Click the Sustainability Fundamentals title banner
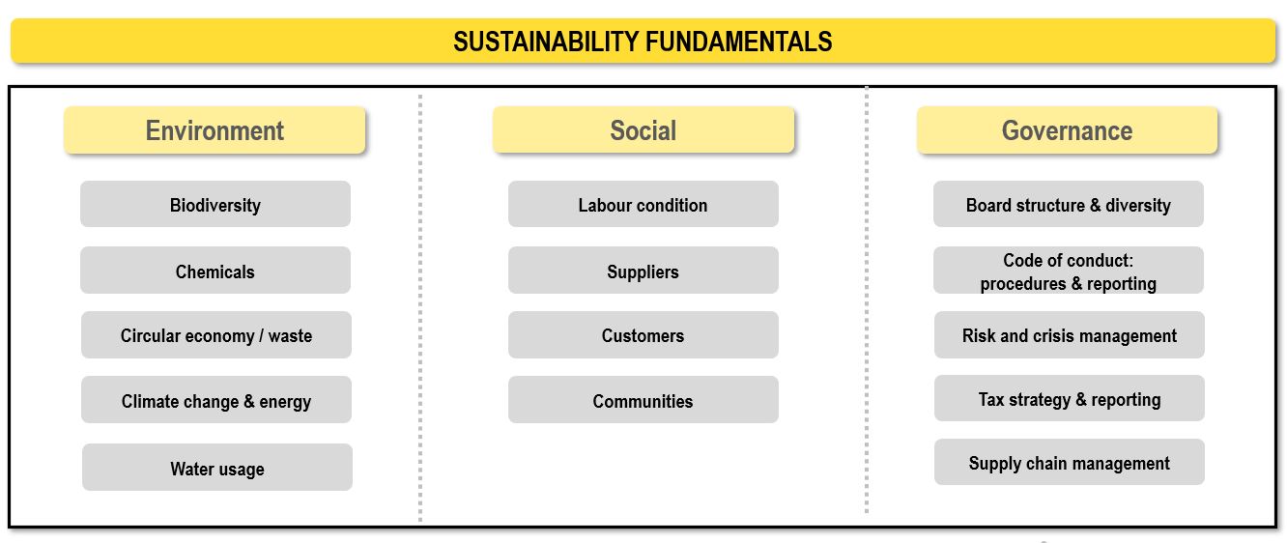[643, 41]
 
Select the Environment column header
[214, 129]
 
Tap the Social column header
[643, 129]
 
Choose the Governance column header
[1067, 129]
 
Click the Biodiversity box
[215, 204]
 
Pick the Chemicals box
[215, 271]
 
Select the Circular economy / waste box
[216, 334]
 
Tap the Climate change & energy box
[216, 399]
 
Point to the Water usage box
[217, 467]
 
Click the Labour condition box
[643, 204]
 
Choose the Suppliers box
[643, 271]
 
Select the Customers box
[643, 334]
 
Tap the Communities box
[643, 399]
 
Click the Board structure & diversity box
[1068, 204]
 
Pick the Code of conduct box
[1068, 271]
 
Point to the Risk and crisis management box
[1070, 334]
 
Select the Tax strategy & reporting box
[1070, 398]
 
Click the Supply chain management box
[1070, 462]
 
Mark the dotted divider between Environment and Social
[420, 308]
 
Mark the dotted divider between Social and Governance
[867, 300]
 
